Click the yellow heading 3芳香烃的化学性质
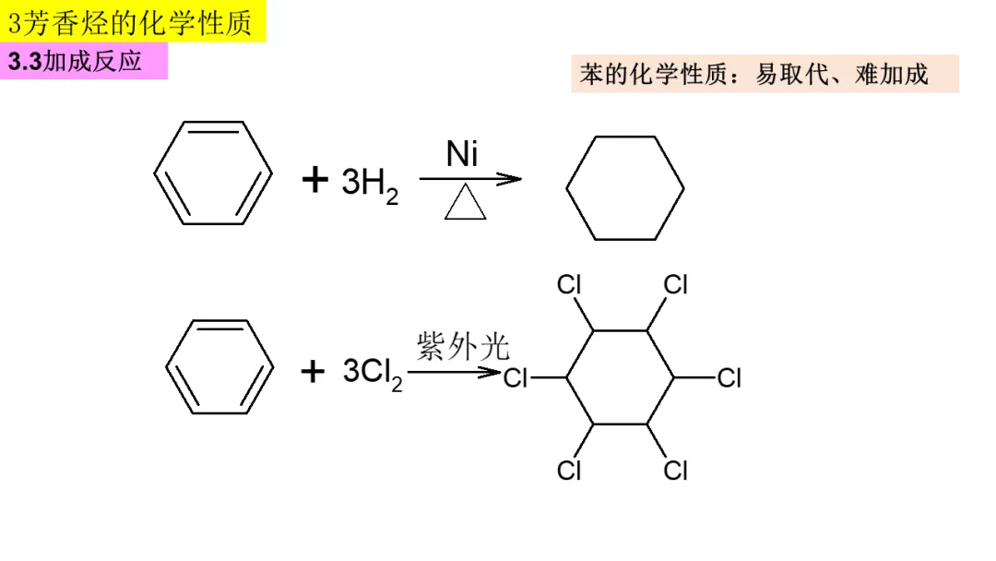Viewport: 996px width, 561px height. pos(133,21)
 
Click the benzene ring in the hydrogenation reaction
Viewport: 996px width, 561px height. pos(213,173)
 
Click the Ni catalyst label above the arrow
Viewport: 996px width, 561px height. pos(462,154)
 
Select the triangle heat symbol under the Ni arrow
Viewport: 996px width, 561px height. pos(465,204)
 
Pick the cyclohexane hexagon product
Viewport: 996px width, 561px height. pos(625,188)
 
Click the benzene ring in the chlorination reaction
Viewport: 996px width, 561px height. pos(219,366)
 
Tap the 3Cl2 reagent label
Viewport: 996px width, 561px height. pos(373,373)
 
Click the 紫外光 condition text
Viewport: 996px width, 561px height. pos(462,347)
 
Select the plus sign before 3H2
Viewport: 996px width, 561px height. pos(314,181)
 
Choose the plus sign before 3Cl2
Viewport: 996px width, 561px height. pos(314,372)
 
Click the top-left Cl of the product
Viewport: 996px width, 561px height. pos(569,285)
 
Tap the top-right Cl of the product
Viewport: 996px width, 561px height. pos(676,285)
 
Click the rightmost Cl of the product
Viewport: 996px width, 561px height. pos(729,378)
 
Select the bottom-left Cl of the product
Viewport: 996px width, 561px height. pos(569,471)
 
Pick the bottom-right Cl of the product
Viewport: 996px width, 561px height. pos(676,471)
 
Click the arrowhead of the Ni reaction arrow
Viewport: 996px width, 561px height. pos(510,179)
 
